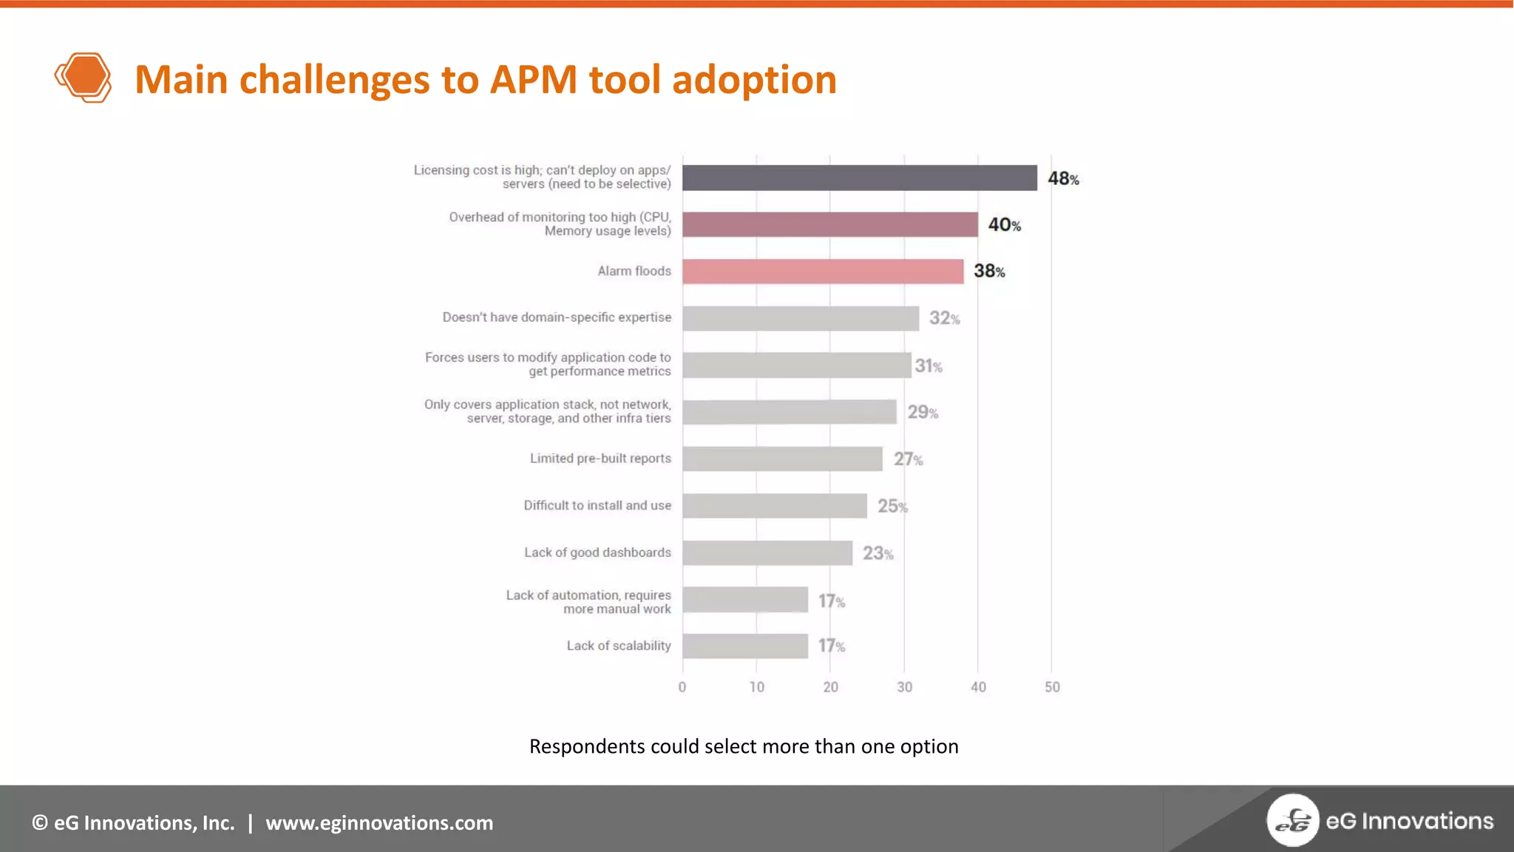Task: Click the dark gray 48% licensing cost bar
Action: pos(859,177)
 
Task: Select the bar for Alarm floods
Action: pos(822,271)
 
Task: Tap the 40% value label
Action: pos(1004,225)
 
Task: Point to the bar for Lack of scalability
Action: pos(744,646)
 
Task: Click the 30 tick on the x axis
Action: pos(904,687)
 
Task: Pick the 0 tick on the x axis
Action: pos(682,687)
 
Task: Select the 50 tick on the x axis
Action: pos(1052,687)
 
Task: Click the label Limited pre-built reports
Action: pos(600,459)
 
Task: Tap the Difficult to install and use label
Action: pos(597,505)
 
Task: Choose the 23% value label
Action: pos(877,553)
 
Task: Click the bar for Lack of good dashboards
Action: pos(767,552)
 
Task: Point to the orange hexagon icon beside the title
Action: pos(84,78)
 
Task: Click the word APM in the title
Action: pos(533,79)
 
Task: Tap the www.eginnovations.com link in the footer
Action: pos(379,822)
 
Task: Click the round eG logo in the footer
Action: pos(1292,820)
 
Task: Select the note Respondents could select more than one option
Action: pos(744,746)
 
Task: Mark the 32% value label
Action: pos(944,318)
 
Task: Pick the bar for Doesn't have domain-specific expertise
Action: pos(800,318)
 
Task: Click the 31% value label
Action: pos(929,365)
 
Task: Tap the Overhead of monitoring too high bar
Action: pos(829,225)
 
